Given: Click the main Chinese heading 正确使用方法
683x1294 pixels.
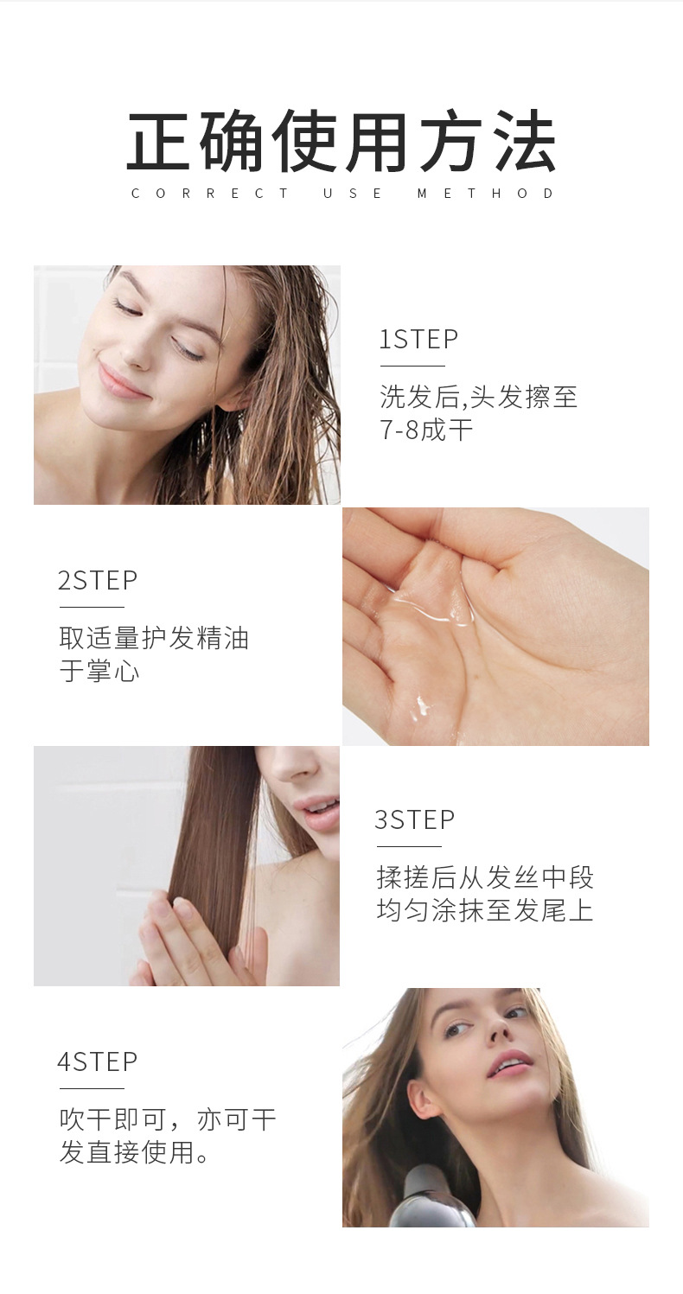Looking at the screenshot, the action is point(341,141).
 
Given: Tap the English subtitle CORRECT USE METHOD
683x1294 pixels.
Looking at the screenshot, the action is point(342,194).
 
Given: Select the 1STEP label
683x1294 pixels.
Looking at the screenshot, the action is point(418,339).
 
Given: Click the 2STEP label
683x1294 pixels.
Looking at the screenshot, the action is point(98,580).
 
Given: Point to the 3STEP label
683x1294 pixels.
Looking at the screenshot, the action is point(415,819).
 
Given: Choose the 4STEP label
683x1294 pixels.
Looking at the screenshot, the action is point(98,1061).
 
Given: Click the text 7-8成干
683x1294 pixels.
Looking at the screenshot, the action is point(426,430).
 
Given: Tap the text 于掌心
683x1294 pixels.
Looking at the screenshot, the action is point(99,672).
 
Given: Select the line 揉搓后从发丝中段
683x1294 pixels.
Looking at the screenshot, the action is point(485,876).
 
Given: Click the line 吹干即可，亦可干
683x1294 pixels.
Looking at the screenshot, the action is point(168,1119).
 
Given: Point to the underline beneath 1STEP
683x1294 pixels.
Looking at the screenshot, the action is point(412,366).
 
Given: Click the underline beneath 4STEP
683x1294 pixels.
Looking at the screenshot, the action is point(92,1088).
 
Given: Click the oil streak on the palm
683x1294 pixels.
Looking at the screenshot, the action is point(433,612).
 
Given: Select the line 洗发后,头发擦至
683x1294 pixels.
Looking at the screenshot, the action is point(478,396).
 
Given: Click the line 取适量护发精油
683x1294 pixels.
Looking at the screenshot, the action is point(154,638).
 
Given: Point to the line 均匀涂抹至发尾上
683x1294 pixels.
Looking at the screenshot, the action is point(485,910).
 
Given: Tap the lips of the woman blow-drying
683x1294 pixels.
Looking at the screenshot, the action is point(509,1063).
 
